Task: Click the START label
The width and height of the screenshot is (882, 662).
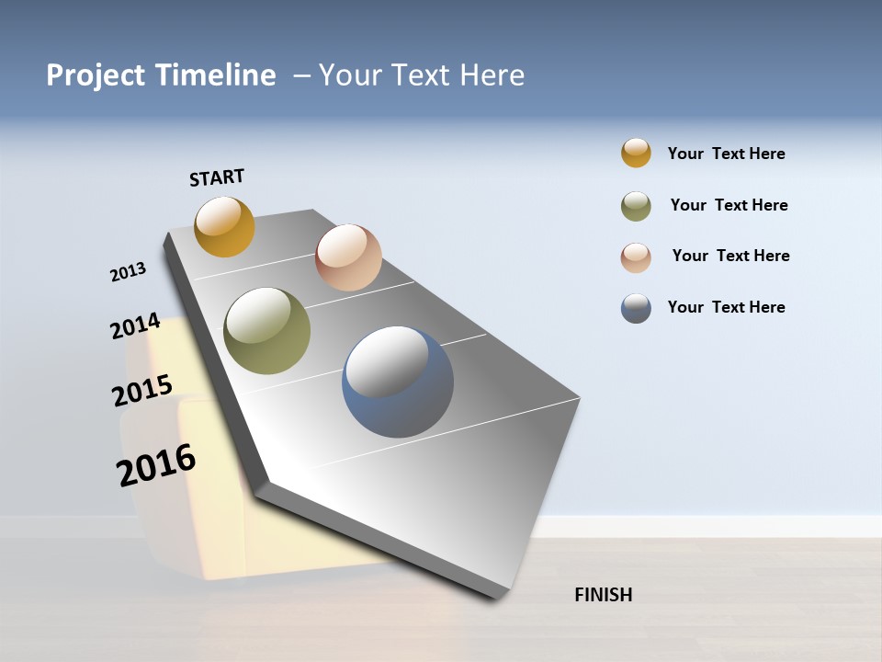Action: click(x=217, y=177)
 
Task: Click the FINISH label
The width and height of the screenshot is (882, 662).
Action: click(x=604, y=595)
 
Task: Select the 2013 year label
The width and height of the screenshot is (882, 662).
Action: click(x=128, y=272)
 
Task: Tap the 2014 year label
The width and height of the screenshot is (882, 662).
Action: click(x=135, y=326)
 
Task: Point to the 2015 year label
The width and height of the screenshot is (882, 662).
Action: click(x=141, y=391)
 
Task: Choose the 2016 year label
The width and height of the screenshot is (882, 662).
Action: click(x=156, y=465)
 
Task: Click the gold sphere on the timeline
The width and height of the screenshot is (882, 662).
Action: click(x=224, y=226)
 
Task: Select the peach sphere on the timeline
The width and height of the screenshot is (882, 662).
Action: click(x=348, y=257)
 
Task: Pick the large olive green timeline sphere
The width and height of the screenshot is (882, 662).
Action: click(x=266, y=331)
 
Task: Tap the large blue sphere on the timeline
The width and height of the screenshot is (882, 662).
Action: click(x=397, y=382)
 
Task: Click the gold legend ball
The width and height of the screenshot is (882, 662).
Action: click(x=636, y=153)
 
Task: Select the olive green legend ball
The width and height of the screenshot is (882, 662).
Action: click(x=636, y=206)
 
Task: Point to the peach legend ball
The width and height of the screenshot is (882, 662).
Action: click(x=636, y=257)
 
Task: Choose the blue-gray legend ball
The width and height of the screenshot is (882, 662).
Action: click(x=636, y=308)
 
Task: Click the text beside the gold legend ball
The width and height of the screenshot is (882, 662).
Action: click(x=726, y=154)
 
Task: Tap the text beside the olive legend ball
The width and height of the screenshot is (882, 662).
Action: click(x=729, y=205)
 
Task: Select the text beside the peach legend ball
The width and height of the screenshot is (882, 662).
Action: click(x=730, y=256)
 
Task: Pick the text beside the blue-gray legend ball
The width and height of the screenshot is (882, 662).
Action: click(x=726, y=307)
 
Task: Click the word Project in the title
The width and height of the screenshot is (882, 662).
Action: click(x=96, y=75)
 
